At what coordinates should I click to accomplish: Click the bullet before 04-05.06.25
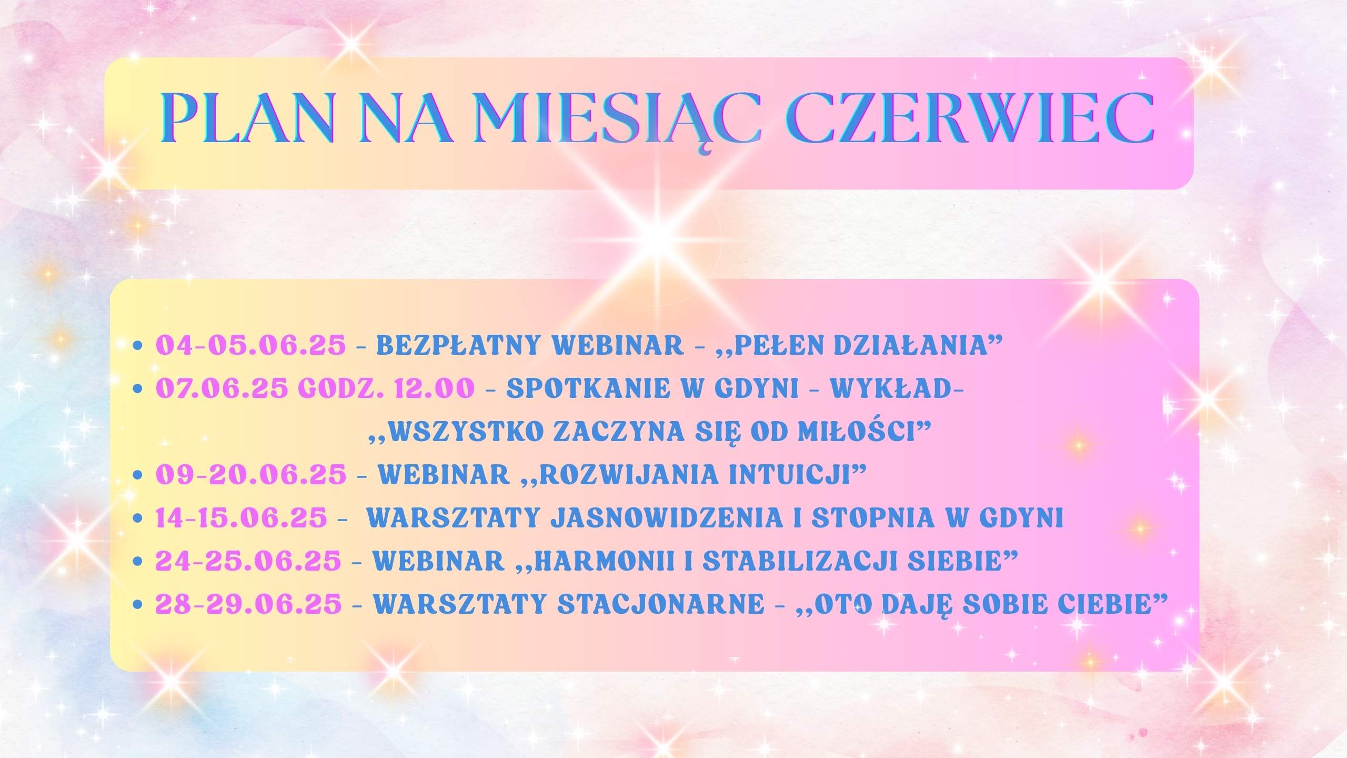pyautogui.click(x=138, y=346)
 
